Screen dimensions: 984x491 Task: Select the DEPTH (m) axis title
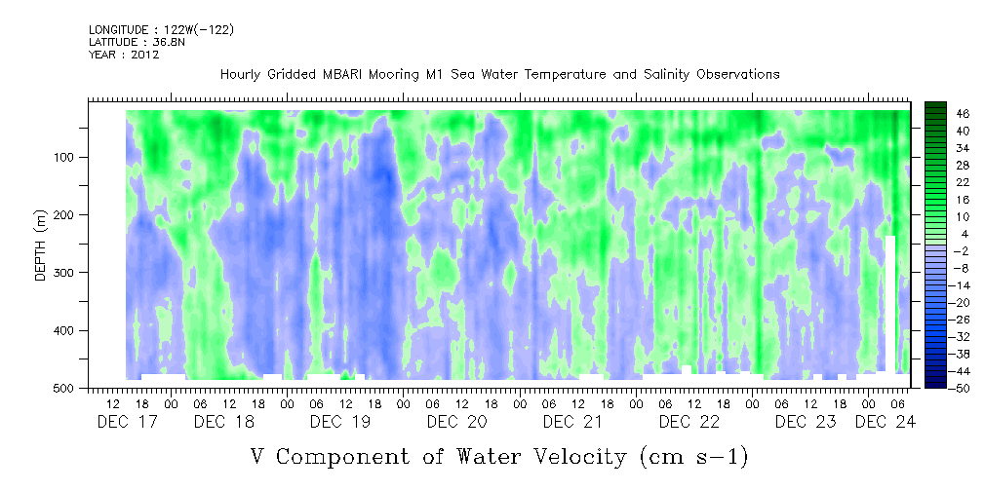click(40, 245)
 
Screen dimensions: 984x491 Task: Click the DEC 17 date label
click(128, 422)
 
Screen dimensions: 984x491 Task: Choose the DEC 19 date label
click(340, 422)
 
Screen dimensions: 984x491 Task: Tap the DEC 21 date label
click(572, 422)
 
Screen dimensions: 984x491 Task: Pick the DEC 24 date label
click(886, 422)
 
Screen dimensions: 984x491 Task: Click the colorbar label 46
click(946, 114)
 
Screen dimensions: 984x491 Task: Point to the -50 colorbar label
click(944, 388)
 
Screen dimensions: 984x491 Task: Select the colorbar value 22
click(946, 186)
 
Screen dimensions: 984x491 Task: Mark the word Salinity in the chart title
click(666, 75)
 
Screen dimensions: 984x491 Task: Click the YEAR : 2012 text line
click(124, 55)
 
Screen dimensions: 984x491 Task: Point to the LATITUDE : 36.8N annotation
click(138, 42)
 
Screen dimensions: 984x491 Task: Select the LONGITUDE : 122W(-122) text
click(161, 29)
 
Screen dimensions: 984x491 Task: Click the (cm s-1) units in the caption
click(694, 457)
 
